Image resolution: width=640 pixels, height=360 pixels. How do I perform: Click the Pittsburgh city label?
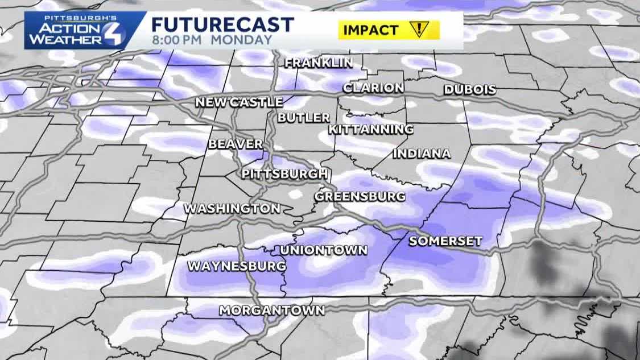(284, 174)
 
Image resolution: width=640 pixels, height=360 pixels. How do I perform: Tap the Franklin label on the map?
(319, 63)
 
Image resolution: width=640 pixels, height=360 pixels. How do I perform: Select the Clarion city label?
(373, 88)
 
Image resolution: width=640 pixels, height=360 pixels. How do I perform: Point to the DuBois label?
(470, 90)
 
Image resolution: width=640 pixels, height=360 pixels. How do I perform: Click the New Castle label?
(239, 102)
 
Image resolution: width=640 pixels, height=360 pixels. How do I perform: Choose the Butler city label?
(304, 118)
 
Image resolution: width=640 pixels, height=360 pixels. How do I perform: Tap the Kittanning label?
(371, 130)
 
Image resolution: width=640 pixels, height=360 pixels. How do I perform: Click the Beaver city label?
(236, 144)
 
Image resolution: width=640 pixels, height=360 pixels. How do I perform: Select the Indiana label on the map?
(422, 154)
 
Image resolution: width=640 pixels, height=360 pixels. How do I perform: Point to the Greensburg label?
(360, 197)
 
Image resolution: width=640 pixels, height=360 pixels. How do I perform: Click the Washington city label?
(232, 209)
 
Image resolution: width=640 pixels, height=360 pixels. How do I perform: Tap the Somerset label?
(445, 241)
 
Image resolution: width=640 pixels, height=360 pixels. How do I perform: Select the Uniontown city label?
(324, 250)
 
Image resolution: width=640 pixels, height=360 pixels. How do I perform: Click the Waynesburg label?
(237, 266)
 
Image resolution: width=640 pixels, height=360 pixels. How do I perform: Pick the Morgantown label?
(272, 311)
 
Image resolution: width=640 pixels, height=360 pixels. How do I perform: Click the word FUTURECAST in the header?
(222, 25)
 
